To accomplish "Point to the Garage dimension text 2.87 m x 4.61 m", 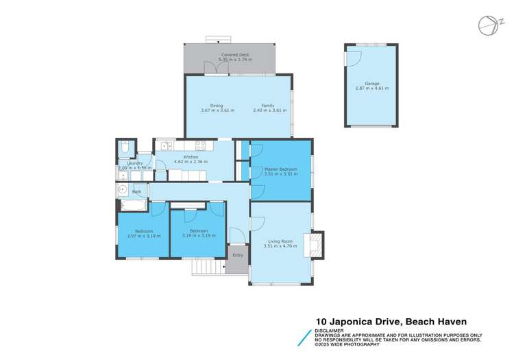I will coord(371,88).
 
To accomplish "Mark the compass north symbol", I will coord(486,25).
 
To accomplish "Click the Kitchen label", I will coord(191,157).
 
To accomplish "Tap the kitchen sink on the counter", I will coord(165,145).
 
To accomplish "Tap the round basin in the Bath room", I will coord(122,188).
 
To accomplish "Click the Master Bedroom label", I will coord(280,169).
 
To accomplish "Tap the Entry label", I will coord(238,255).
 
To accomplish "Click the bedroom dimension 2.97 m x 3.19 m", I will coord(143,236).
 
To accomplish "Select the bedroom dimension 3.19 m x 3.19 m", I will coord(199,236).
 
